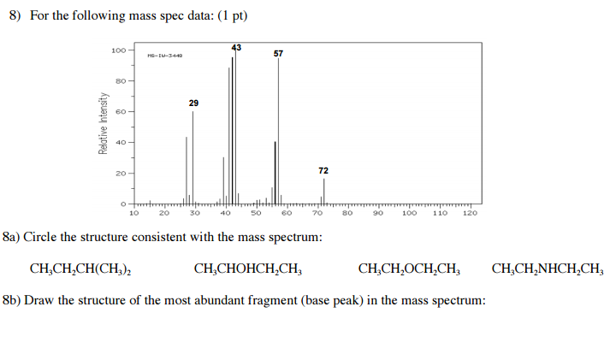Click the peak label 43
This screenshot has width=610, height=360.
pos(236,46)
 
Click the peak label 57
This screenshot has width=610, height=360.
pos(279,54)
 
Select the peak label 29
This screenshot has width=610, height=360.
pos(193,103)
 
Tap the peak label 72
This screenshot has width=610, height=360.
pos(323,171)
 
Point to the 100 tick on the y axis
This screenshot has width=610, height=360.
pos(118,50)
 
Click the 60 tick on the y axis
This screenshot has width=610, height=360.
pos(121,112)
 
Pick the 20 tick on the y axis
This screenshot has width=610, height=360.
pos(121,174)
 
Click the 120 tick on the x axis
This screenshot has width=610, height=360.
pos(469,214)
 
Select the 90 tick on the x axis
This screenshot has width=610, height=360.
pos(377,214)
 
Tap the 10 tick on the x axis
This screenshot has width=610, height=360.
pos(133,214)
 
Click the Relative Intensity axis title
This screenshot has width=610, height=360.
pos(104,123)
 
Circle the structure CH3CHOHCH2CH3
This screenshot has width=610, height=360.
pos(248,269)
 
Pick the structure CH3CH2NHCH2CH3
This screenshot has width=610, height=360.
pos(548,269)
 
